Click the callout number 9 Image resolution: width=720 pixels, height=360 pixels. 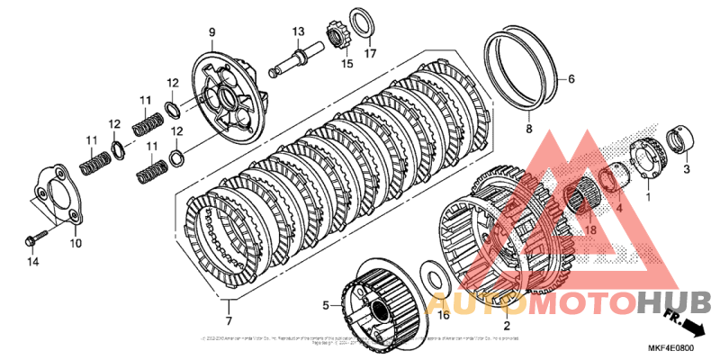212,32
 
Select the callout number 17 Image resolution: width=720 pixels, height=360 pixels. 369,53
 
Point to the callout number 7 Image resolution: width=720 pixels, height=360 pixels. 229,321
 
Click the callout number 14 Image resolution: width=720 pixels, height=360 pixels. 34,262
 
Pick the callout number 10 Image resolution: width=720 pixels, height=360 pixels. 76,243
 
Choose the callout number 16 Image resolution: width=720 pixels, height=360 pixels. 443,315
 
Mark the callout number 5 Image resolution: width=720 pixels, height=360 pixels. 328,303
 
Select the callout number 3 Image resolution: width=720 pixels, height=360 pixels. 686,169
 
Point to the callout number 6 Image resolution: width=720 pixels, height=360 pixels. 570,79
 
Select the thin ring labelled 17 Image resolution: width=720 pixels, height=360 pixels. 363,22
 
